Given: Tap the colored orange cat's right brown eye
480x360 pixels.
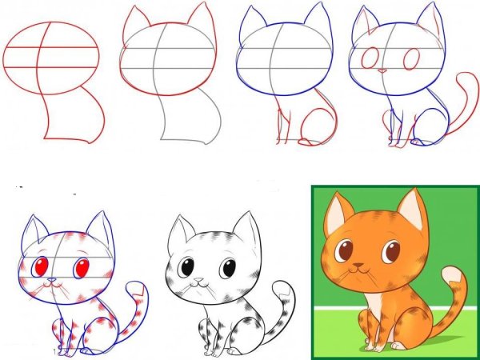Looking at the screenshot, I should pyautogui.click(x=391, y=253).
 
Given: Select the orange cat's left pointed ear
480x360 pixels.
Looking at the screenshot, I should pyautogui.click(x=338, y=210).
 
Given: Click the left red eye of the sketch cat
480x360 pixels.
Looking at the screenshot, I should pyautogui.click(x=42, y=266).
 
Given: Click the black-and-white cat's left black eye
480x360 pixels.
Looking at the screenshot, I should pyautogui.click(x=186, y=268).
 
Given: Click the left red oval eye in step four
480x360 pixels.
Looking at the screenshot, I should pyautogui.click(x=370, y=58).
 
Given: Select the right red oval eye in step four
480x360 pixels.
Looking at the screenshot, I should pyautogui.click(x=413, y=60).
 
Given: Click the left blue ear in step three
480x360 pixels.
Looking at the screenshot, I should pyautogui.click(x=250, y=22).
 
